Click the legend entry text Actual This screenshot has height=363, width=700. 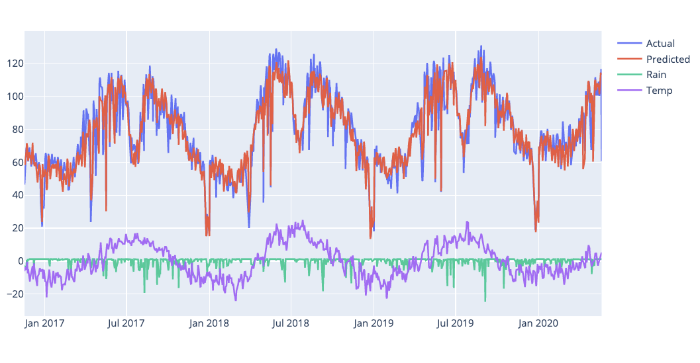(x=660, y=44)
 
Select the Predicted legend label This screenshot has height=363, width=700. (x=668, y=60)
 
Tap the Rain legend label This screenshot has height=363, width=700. (x=656, y=75)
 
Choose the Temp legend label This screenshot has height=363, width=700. (x=659, y=91)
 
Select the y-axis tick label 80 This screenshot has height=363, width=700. (x=15, y=130)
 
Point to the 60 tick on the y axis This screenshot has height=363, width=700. (x=15, y=162)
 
